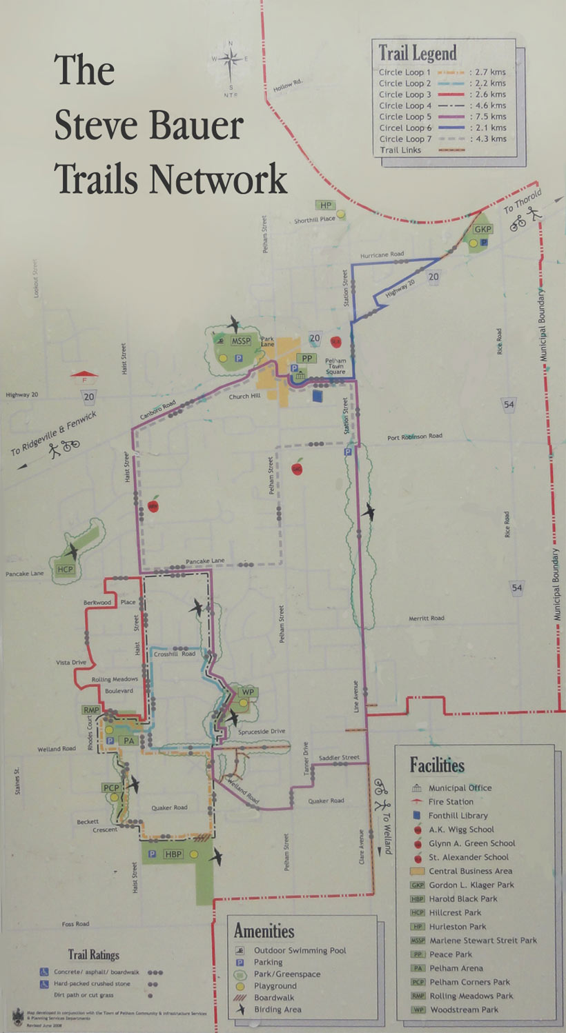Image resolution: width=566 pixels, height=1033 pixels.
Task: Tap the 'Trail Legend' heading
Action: click(418, 53)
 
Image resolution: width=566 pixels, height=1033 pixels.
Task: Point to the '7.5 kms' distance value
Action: click(487, 117)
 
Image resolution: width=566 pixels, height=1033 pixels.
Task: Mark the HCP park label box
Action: click(66, 569)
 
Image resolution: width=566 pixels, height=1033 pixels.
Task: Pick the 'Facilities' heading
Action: click(437, 765)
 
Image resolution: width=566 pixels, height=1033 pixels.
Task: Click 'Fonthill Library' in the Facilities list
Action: click(458, 815)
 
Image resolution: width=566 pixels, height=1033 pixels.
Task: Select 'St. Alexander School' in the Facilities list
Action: click(469, 857)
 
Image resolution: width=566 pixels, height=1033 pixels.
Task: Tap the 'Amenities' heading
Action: click(264, 931)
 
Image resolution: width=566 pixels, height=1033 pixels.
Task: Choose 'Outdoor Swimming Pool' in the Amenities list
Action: click(300, 950)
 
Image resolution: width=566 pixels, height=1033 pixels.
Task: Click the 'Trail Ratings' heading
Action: click(93, 954)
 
